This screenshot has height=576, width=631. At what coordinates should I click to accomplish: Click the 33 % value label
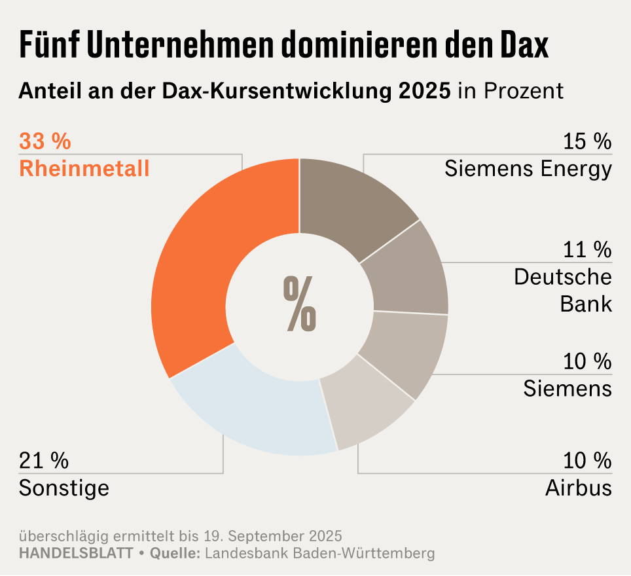pyautogui.click(x=45, y=141)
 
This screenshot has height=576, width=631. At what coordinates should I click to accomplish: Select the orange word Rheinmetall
pyautogui.click(x=84, y=169)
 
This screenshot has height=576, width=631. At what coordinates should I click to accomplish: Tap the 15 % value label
pyautogui.click(x=587, y=141)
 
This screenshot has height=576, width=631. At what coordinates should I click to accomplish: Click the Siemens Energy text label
pyautogui.click(x=528, y=169)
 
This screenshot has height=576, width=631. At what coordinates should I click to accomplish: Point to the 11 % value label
pyautogui.click(x=587, y=249)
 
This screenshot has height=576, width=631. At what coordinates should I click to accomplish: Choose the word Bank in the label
pyautogui.click(x=586, y=304)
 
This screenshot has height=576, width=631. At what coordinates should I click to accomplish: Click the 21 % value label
pyautogui.click(x=44, y=460)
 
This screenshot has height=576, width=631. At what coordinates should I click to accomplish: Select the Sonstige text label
pyautogui.click(x=64, y=488)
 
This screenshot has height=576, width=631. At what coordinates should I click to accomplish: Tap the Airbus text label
pyautogui.click(x=579, y=488)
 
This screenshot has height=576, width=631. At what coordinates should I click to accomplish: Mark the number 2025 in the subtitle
pyautogui.click(x=424, y=91)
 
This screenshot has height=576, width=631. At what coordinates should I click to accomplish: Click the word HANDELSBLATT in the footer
pyautogui.click(x=76, y=553)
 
